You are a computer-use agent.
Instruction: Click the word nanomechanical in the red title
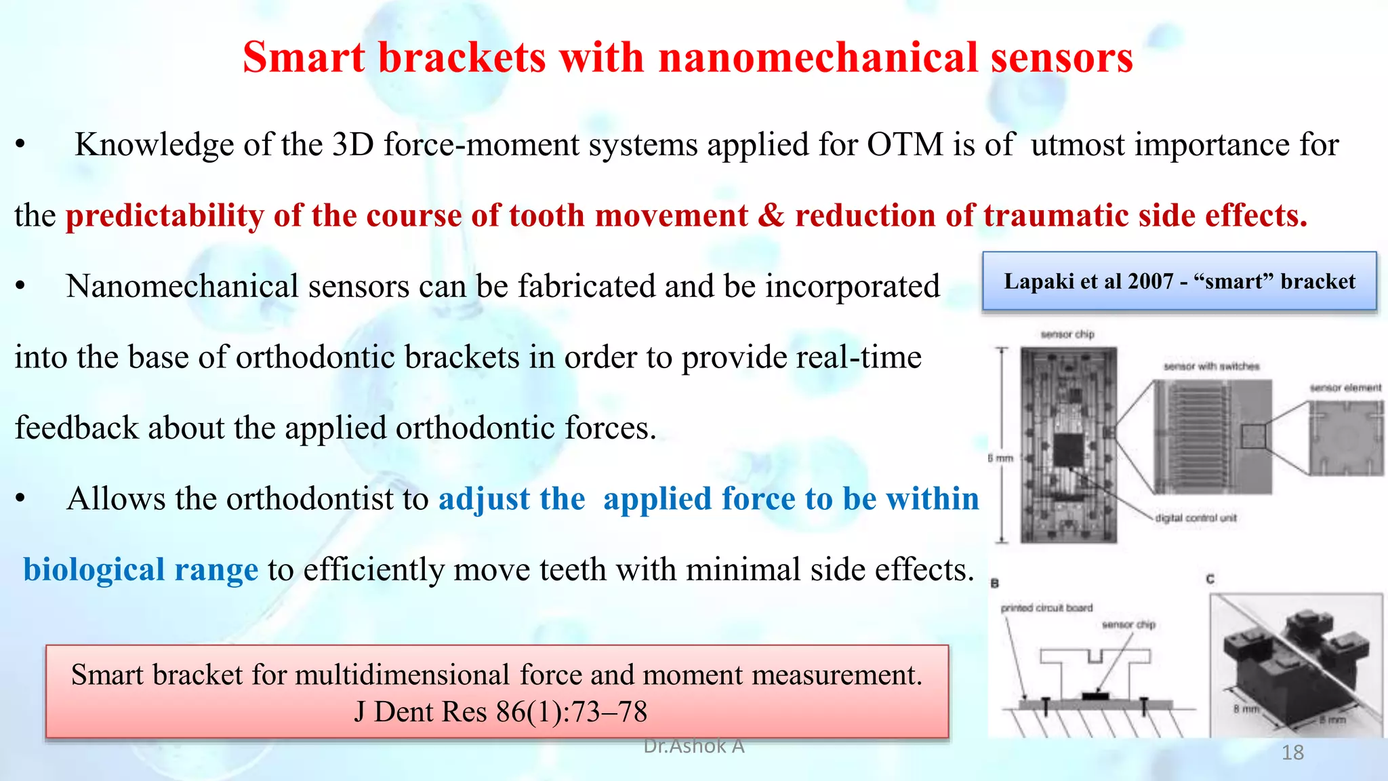click(x=818, y=57)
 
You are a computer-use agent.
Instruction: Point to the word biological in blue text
click(x=94, y=569)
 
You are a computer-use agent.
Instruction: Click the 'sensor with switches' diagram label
click(x=1211, y=367)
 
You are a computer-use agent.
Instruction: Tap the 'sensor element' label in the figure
click(x=1345, y=388)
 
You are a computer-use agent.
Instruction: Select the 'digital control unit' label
click(x=1196, y=518)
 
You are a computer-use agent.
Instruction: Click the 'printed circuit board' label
click(x=1046, y=608)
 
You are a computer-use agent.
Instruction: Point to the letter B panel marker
click(x=994, y=583)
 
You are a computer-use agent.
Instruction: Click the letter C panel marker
click(x=1210, y=579)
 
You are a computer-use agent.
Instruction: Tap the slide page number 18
click(x=1292, y=753)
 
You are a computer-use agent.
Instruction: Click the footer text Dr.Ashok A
click(x=693, y=746)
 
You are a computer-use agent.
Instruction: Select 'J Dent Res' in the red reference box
click(x=420, y=712)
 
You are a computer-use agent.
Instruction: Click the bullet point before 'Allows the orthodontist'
click(x=21, y=500)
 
